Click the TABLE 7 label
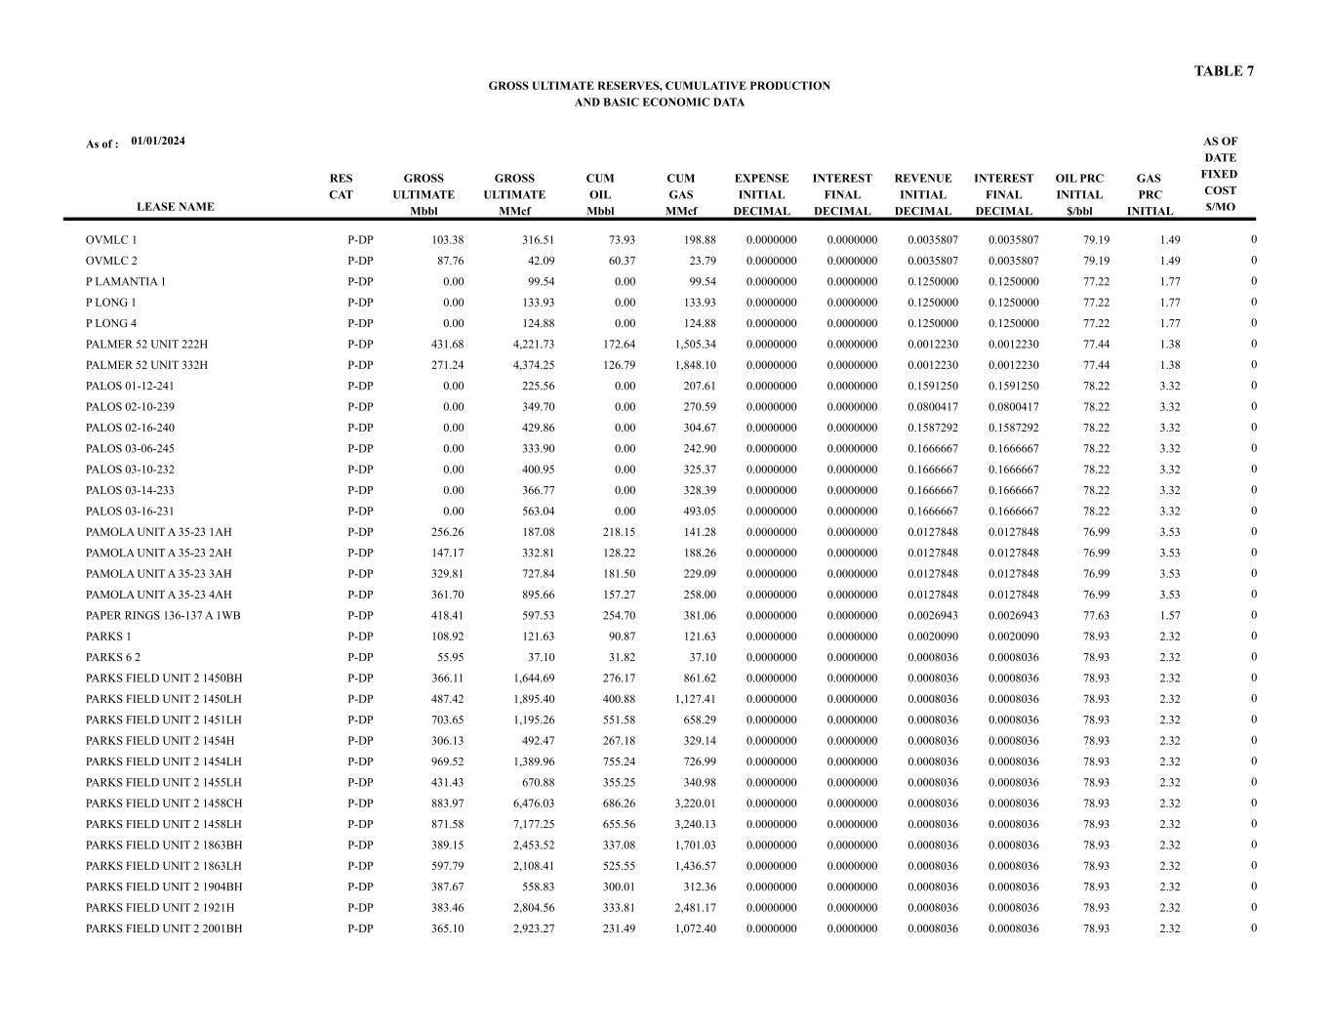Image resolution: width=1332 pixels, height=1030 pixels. [x=1224, y=71]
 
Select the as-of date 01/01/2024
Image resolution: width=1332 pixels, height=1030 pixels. [x=158, y=141]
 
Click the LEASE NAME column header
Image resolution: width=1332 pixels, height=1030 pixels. [x=175, y=207]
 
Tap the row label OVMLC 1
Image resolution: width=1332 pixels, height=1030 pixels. [x=111, y=240]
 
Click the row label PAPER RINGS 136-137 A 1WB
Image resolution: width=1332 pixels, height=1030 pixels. [x=163, y=616]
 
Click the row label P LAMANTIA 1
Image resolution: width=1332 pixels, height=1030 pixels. [x=126, y=282]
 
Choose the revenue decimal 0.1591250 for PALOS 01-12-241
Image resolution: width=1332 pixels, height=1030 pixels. [x=932, y=387]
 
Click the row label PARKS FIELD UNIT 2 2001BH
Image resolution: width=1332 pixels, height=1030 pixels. [x=164, y=929]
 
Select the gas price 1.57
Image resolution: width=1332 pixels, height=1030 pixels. [x=1169, y=616]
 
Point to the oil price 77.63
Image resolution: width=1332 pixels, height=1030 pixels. [x=1096, y=616]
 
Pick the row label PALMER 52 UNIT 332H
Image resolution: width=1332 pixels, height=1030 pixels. [x=146, y=365]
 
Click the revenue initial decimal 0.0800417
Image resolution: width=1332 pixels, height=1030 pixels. [x=932, y=407]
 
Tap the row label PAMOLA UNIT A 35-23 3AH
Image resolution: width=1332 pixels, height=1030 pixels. [x=158, y=574]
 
